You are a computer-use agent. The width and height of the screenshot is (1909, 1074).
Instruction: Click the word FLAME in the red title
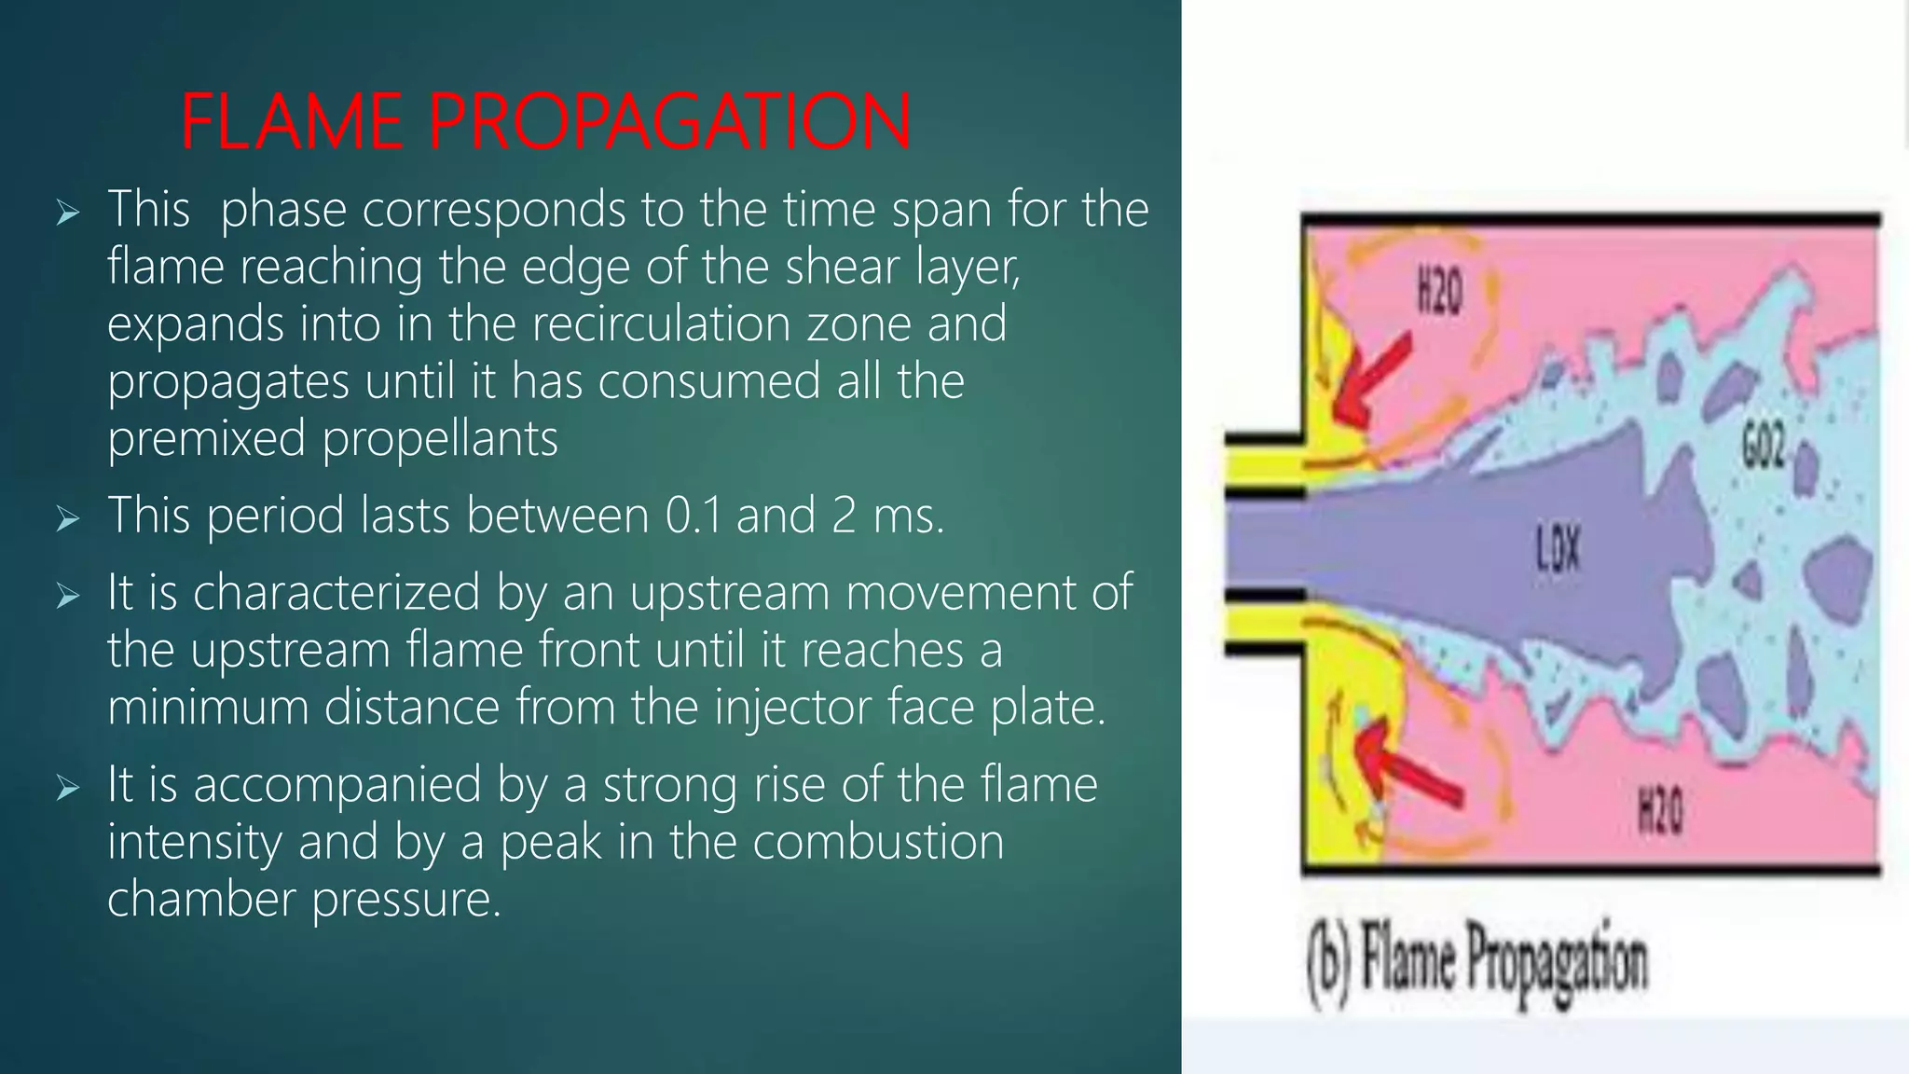click(x=292, y=122)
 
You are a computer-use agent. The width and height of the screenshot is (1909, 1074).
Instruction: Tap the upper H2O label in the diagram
click(x=1439, y=294)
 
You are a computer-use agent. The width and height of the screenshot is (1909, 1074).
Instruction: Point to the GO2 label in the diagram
click(x=1764, y=445)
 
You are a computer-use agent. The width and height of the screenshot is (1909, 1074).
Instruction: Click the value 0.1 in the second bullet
click(x=694, y=516)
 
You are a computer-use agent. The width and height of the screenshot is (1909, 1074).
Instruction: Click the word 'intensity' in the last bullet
click(x=195, y=842)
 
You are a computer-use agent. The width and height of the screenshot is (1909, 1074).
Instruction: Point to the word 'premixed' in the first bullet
click(x=206, y=439)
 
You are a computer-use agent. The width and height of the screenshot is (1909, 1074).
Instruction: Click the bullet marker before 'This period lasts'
click(x=67, y=518)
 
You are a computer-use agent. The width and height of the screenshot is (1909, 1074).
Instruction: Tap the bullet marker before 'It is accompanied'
click(x=67, y=788)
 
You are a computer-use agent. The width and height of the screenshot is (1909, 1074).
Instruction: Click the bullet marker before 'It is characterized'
click(x=67, y=596)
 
